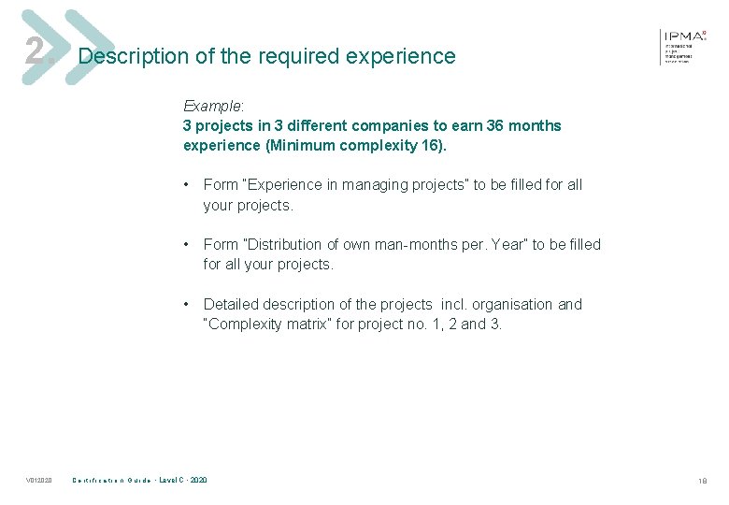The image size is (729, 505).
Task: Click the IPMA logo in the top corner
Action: pyautogui.click(x=684, y=44)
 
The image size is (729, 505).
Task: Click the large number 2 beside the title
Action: pyautogui.click(x=36, y=50)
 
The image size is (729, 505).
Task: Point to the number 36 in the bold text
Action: pyautogui.click(x=496, y=125)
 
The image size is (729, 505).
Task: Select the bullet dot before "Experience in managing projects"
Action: pyautogui.click(x=189, y=185)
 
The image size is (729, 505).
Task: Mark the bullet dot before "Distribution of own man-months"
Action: pyautogui.click(x=189, y=245)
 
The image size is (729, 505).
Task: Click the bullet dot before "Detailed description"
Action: pyautogui.click(x=189, y=305)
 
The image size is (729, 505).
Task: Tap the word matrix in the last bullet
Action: pyautogui.click(x=318, y=325)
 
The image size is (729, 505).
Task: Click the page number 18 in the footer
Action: pyautogui.click(x=702, y=481)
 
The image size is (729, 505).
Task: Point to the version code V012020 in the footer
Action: pyautogui.click(x=38, y=481)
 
